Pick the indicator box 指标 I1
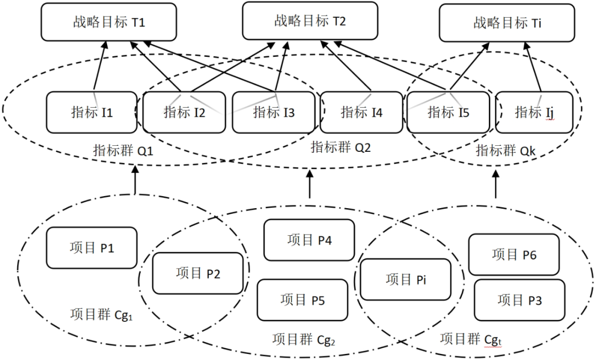coord(92,113)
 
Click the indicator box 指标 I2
coord(184,113)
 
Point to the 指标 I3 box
coord(274,113)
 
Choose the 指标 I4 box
coord(361,113)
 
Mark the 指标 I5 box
coord(448,113)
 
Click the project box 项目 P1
coord(92,248)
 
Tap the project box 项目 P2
coord(198,273)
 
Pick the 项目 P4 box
coord(309,240)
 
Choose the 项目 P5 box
coord(302,300)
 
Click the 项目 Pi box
coord(406,279)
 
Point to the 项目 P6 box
coord(514,254)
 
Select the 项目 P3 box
coord(519,300)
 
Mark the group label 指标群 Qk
coord(505,151)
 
